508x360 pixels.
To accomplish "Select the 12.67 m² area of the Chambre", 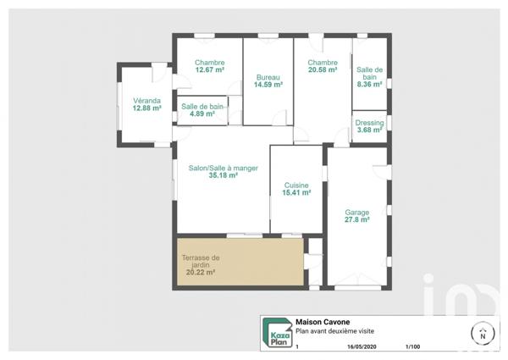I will point(209,70).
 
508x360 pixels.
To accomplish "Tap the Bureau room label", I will point(268,77).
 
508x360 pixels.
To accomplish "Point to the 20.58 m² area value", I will point(323,70).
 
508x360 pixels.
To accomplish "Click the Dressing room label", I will point(370,123).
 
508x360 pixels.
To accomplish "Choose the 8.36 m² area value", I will point(370,84).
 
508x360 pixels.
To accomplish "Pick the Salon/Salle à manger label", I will point(221,168).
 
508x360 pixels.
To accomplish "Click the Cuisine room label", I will point(296,186).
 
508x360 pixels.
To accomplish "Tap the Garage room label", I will point(357,212).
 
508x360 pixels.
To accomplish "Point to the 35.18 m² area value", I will point(221,175).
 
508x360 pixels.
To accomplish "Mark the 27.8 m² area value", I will point(357,219).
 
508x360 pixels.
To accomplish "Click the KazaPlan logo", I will point(276,333).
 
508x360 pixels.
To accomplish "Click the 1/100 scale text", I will point(412,346).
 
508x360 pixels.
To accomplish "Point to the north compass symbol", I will point(483,333).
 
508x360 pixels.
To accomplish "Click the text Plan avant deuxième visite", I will point(334,331).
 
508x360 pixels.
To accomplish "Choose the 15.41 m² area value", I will point(296,193).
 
